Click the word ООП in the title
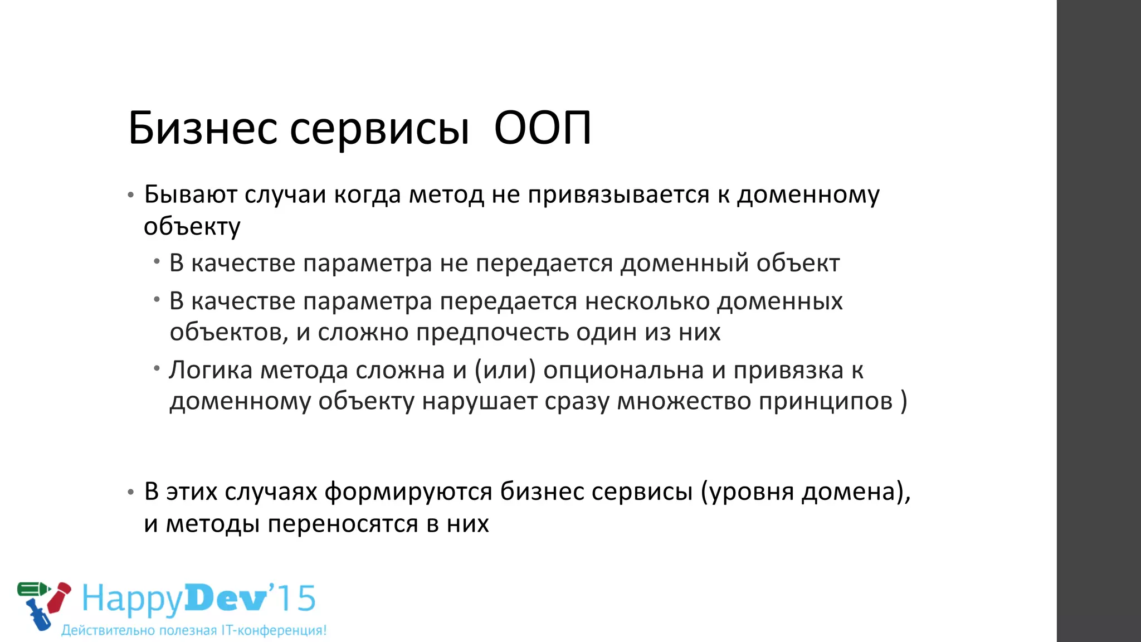542,128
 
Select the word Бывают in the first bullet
191,194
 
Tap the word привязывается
618,194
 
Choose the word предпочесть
493,333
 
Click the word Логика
211,370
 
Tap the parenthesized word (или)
505,370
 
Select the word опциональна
623,370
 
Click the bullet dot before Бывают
130,196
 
